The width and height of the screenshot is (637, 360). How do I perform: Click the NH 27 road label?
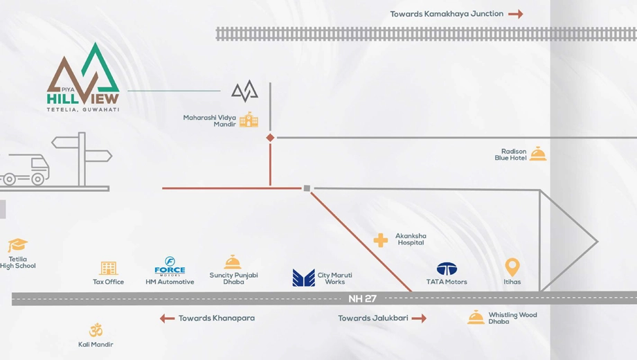coord(362,298)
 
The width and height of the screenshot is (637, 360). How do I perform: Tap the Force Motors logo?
coord(170,266)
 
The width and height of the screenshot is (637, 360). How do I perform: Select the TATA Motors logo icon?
coord(447,269)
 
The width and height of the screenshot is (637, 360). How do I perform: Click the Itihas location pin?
coord(512,267)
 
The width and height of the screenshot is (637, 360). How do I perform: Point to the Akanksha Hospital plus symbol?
coord(381,240)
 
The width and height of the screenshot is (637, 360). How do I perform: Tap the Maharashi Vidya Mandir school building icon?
coord(249,120)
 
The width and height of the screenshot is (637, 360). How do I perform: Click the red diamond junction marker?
coord(270,138)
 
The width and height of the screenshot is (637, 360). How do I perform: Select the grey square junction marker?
coord(307,188)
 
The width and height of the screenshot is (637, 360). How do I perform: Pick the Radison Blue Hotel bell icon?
coord(538,154)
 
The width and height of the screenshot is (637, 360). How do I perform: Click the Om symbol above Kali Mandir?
coord(96,330)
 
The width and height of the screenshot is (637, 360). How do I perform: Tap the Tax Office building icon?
coord(109,268)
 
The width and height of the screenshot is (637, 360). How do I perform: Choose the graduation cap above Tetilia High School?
coord(17,245)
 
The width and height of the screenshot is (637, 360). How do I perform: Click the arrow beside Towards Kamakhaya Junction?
coord(516,15)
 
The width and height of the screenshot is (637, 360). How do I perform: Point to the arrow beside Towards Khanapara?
coord(167,318)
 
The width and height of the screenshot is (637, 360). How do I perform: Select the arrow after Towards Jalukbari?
coord(420,318)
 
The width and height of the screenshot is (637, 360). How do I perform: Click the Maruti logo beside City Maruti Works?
coord(303,278)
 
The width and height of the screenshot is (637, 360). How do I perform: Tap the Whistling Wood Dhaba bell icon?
coord(476,317)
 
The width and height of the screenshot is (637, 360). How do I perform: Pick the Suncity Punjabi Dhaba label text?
coord(233,278)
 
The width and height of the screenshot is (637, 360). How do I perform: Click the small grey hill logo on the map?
coord(244,91)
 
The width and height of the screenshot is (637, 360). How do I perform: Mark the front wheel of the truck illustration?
coord(38,179)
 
